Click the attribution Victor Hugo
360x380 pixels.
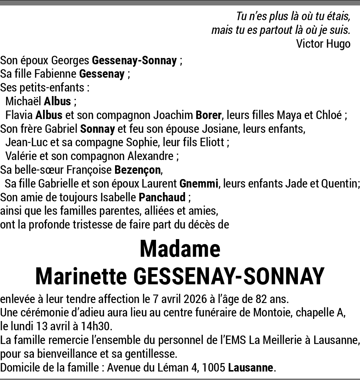coord(323,44)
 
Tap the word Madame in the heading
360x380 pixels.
coord(180,249)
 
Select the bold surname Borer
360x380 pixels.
coord(209,115)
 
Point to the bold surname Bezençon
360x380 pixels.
coord(138,170)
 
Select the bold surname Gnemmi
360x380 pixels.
coord(199,184)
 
